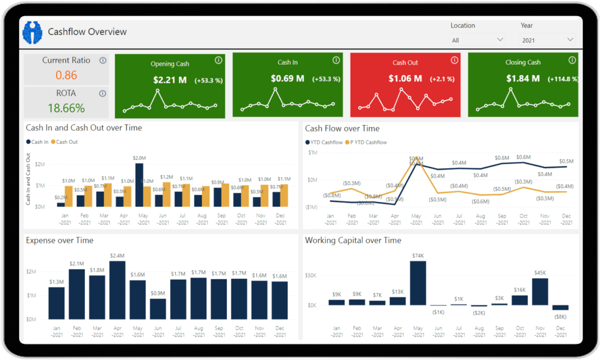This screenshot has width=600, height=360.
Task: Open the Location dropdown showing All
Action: coord(477,40)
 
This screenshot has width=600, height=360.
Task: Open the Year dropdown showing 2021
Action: coord(547,40)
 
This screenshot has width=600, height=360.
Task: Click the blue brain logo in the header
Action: coord(32,32)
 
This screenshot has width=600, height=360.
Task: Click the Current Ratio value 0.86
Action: coord(66,75)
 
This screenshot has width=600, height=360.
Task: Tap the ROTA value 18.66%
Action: coord(66,108)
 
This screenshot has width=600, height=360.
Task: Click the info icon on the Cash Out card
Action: coord(454,60)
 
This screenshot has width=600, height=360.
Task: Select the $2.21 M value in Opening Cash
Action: coord(170,80)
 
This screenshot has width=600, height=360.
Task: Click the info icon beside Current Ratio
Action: coord(103,60)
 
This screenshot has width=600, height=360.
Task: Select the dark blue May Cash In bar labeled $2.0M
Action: coord(139,185)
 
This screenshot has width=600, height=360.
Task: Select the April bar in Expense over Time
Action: coord(117,290)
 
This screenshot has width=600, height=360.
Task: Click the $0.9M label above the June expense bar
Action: coord(158,293)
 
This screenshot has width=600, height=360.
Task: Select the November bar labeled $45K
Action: coord(540,292)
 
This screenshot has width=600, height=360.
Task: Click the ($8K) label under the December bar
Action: coord(560,316)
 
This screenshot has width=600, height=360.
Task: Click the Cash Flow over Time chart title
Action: coord(342,128)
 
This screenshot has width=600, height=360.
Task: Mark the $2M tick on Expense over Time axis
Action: coord(31,272)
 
